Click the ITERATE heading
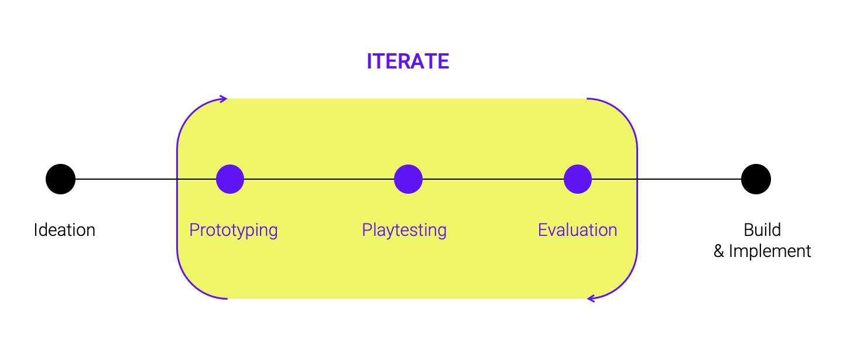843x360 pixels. (x=408, y=61)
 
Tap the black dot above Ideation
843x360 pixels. (x=61, y=179)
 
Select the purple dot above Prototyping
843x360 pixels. (x=230, y=179)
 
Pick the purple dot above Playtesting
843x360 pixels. (x=409, y=179)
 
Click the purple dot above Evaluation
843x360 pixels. (x=578, y=179)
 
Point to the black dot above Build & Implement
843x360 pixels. (x=756, y=179)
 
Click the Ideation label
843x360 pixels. (x=64, y=230)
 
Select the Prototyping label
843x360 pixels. (x=234, y=230)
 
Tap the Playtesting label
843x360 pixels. (x=404, y=230)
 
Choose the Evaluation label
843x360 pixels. (x=578, y=230)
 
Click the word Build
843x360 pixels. (x=762, y=230)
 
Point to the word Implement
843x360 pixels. (x=770, y=251)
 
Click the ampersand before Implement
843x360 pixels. (x=719, y=251)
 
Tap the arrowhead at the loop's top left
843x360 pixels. (x=224, y=99)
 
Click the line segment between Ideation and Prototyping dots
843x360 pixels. (x=146, y=179)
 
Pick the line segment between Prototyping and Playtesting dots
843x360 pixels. (x=318, y=179)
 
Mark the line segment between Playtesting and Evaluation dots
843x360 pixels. (x=493, y=179)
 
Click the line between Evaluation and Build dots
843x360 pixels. (x=666, y=179)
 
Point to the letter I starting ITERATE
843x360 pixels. (x=369, y=61)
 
